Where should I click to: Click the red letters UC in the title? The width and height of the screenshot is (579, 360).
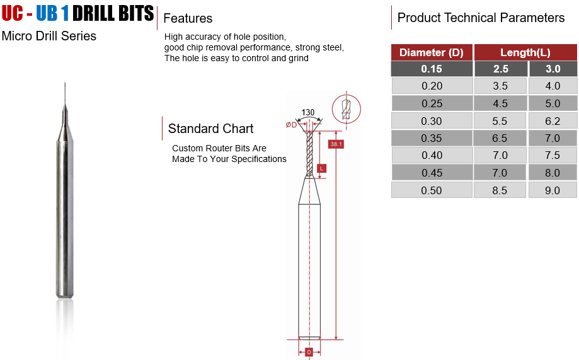pyautogui.click(x=12, y=13)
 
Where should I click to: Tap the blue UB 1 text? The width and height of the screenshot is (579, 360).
pyautogui.click(x=52, y=13)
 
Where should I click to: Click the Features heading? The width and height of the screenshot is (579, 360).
pyautogui.click(x=188, y=18)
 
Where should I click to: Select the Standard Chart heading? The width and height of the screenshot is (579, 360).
pyautogui.click(x=210, y=129)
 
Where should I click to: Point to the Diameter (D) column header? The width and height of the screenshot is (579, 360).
pyautogui.click(x=432, y=52)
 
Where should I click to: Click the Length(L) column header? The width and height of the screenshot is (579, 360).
pyautogui.click(x=525, y=52)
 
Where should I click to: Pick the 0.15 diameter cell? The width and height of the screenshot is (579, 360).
pyautogui.click(x=432, y=69)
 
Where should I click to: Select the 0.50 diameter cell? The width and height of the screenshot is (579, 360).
pyautogui.click(x=432, y=190)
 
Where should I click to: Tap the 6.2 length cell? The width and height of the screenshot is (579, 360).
pyautogui.click(x=553, y=121)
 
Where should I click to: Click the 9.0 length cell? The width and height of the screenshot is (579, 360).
pyautogui.click(x=553, y=190)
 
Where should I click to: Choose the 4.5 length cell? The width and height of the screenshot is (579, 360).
pyautogui.click(x=500, y=103)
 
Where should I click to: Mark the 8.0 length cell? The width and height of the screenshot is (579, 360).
pyautogui.click(x=553, y=173)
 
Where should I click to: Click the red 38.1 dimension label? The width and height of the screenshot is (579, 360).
pyautogui.click(x=336, y=144)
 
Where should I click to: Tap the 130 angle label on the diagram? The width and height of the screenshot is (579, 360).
pyautogui.click(x=307, y=112)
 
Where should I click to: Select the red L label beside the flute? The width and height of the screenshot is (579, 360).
pyautogui.click(x=321, y=168)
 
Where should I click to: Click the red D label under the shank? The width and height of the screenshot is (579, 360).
pyautogui.click(x=309, y=352)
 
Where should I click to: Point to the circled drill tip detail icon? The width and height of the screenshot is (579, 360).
pyautogui.click(x=346, y=109)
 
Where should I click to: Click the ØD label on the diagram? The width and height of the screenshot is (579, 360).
pyautogui.click(x=291, y=125)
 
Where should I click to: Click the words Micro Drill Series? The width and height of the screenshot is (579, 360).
pyautogui.click(x=49, y=36)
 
